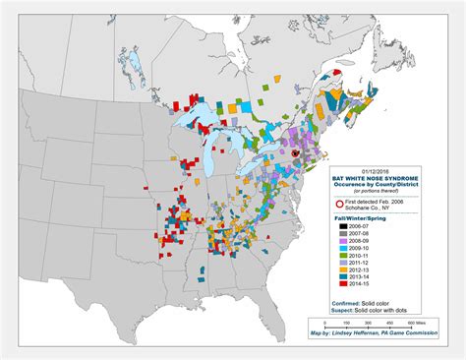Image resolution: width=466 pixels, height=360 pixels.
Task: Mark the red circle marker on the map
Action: (294, 153)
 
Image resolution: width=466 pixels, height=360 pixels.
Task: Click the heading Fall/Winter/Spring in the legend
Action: (353, 216)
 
